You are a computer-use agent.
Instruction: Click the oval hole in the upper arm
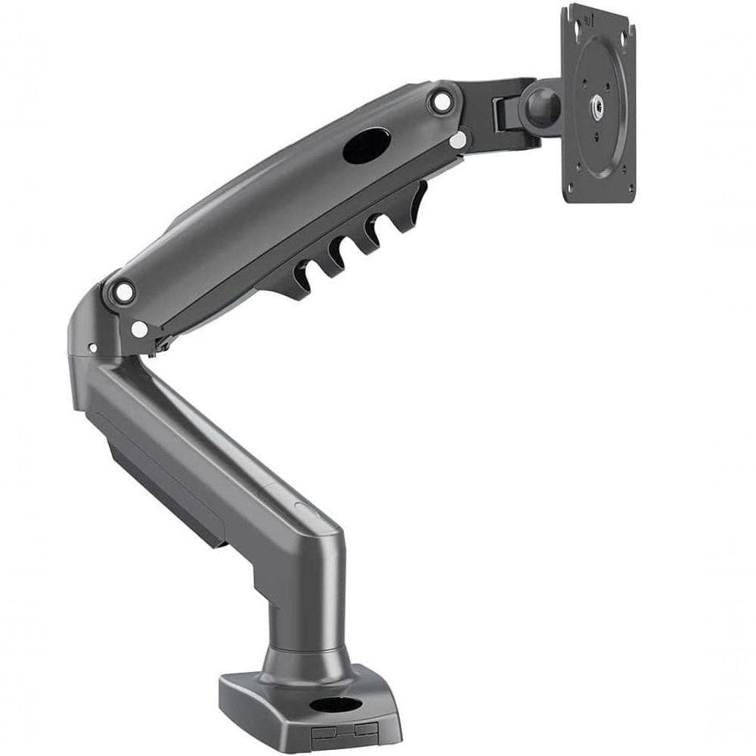point(367,145)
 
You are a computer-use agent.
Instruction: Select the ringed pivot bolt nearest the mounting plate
point(441,101)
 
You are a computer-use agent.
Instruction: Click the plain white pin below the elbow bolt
point(139,330)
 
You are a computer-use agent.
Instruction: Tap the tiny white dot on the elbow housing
point(92,349)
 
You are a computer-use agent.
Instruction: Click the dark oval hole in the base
point(335,705)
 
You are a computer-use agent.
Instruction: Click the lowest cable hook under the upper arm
point(300,276)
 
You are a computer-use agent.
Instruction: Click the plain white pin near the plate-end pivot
point(457,141)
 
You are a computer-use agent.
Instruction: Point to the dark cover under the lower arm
point(166,484)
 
